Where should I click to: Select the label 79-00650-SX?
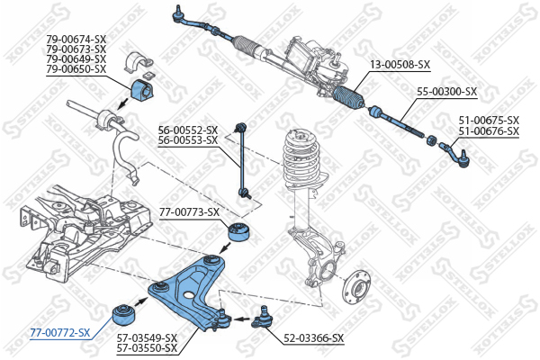pos(76,69)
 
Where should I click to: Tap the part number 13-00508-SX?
pos(400,65)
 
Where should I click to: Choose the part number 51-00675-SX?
pos(489,120)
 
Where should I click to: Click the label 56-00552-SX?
pos(187,130)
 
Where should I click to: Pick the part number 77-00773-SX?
pos(189,212)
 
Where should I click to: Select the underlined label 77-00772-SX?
pos(60,333)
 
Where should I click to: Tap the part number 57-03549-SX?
pos(147,338)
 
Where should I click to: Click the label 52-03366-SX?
pos(313,338)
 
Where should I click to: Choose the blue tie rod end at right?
pos(455,154)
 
